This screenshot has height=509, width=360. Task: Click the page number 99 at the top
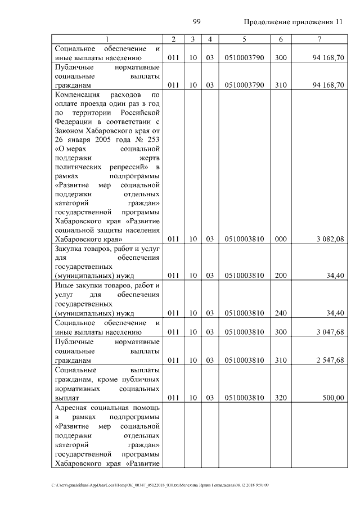point(197,22)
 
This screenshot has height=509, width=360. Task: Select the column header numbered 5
point(244,39)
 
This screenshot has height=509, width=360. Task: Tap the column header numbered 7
point(319,39)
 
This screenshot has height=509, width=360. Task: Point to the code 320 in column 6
point(281,398)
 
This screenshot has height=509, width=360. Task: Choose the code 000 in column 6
point(281,239)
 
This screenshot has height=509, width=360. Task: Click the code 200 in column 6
point(281,276)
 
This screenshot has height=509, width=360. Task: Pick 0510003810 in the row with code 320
point(244,398)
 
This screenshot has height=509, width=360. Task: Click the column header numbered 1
point(106,39)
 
